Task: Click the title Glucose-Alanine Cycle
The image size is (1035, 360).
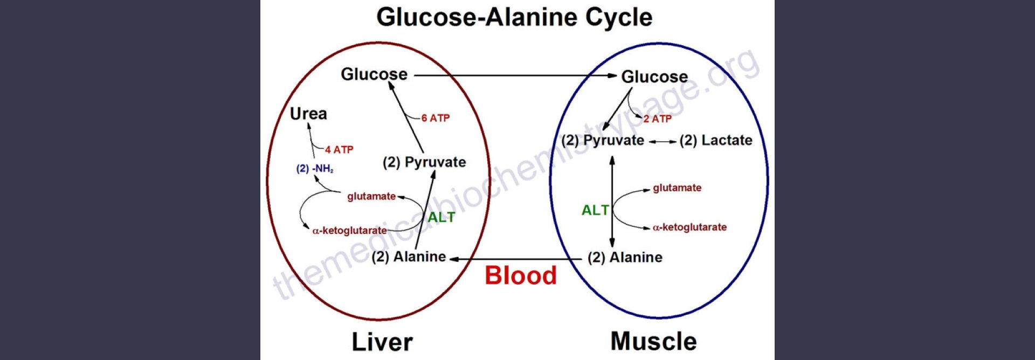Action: [514, 17]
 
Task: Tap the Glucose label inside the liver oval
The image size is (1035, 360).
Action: [374, 74]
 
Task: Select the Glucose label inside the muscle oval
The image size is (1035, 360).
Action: [654, 77]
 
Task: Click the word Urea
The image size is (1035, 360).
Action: [308, 114]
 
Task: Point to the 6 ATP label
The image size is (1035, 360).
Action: [436, 118]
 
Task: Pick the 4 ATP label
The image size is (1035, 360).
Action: [339, 150]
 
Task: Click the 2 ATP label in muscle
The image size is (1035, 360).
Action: [658, 119]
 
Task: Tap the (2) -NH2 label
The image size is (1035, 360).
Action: [315, 169]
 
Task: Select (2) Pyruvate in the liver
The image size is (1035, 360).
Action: [424, 162]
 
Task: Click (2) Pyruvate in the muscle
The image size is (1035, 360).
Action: [603, 141]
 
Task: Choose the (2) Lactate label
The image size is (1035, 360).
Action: [716, 141]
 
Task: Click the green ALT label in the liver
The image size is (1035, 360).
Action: [441, 217]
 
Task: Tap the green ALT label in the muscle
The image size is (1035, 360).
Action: [595, 210]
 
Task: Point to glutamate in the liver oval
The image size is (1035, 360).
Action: [371, 196]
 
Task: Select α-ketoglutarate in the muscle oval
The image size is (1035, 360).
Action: [689, 227]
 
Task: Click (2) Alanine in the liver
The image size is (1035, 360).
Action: [409, 257]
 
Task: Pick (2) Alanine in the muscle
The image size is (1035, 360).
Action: [625, 258]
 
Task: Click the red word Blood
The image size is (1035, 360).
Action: [521, 275]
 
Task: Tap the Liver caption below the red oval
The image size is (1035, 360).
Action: [382, 342]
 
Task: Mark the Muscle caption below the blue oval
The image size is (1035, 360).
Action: [653, 342]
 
